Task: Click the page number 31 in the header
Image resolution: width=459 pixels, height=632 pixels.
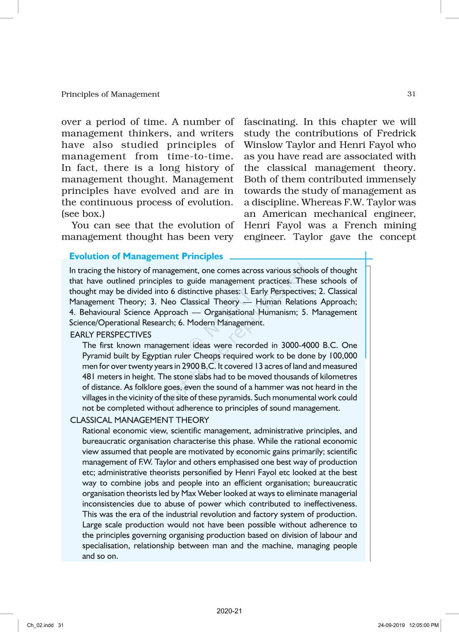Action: tap(411, 94)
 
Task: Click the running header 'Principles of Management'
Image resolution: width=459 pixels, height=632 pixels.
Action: tap(110, 94)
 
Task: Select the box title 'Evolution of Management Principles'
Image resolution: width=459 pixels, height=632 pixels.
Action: tap(146, 256)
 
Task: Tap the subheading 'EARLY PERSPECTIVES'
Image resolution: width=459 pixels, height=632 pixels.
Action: tap(111, 335)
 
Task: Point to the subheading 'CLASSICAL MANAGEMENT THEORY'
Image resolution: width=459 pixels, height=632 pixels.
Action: tap(139, 420)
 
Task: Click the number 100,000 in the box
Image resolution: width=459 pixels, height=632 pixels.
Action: tap(343, 356)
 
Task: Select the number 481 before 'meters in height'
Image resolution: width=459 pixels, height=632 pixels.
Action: tap(89, 377)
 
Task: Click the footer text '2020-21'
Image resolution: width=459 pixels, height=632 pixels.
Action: tap(229, 611)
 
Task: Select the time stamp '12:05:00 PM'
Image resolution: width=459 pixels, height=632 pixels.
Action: tap(424, 625)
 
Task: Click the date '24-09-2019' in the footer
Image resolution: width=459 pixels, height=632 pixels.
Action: tap(391, 625)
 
